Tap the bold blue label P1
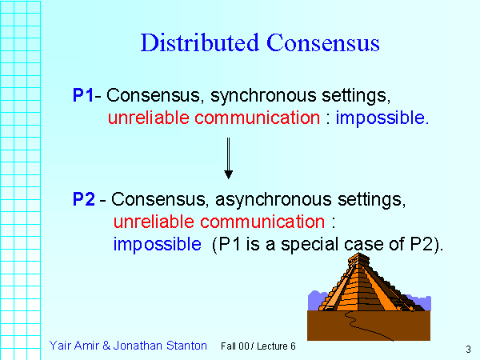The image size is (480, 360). [82, 97]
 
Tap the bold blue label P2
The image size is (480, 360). [84, 199]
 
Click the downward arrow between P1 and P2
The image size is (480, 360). [229, 158]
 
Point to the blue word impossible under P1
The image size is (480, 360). [380, 119]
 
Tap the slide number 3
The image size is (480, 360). [466, 349]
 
